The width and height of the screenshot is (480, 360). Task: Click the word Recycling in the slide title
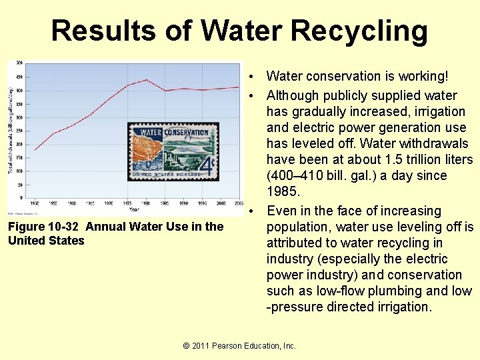359,31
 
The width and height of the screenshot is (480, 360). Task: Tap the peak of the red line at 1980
147,79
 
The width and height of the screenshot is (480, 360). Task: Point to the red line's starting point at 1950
34,150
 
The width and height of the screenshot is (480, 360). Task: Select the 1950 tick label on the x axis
34,203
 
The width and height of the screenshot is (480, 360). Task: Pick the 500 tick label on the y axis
20,63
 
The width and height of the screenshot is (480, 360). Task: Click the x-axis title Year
134,209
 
